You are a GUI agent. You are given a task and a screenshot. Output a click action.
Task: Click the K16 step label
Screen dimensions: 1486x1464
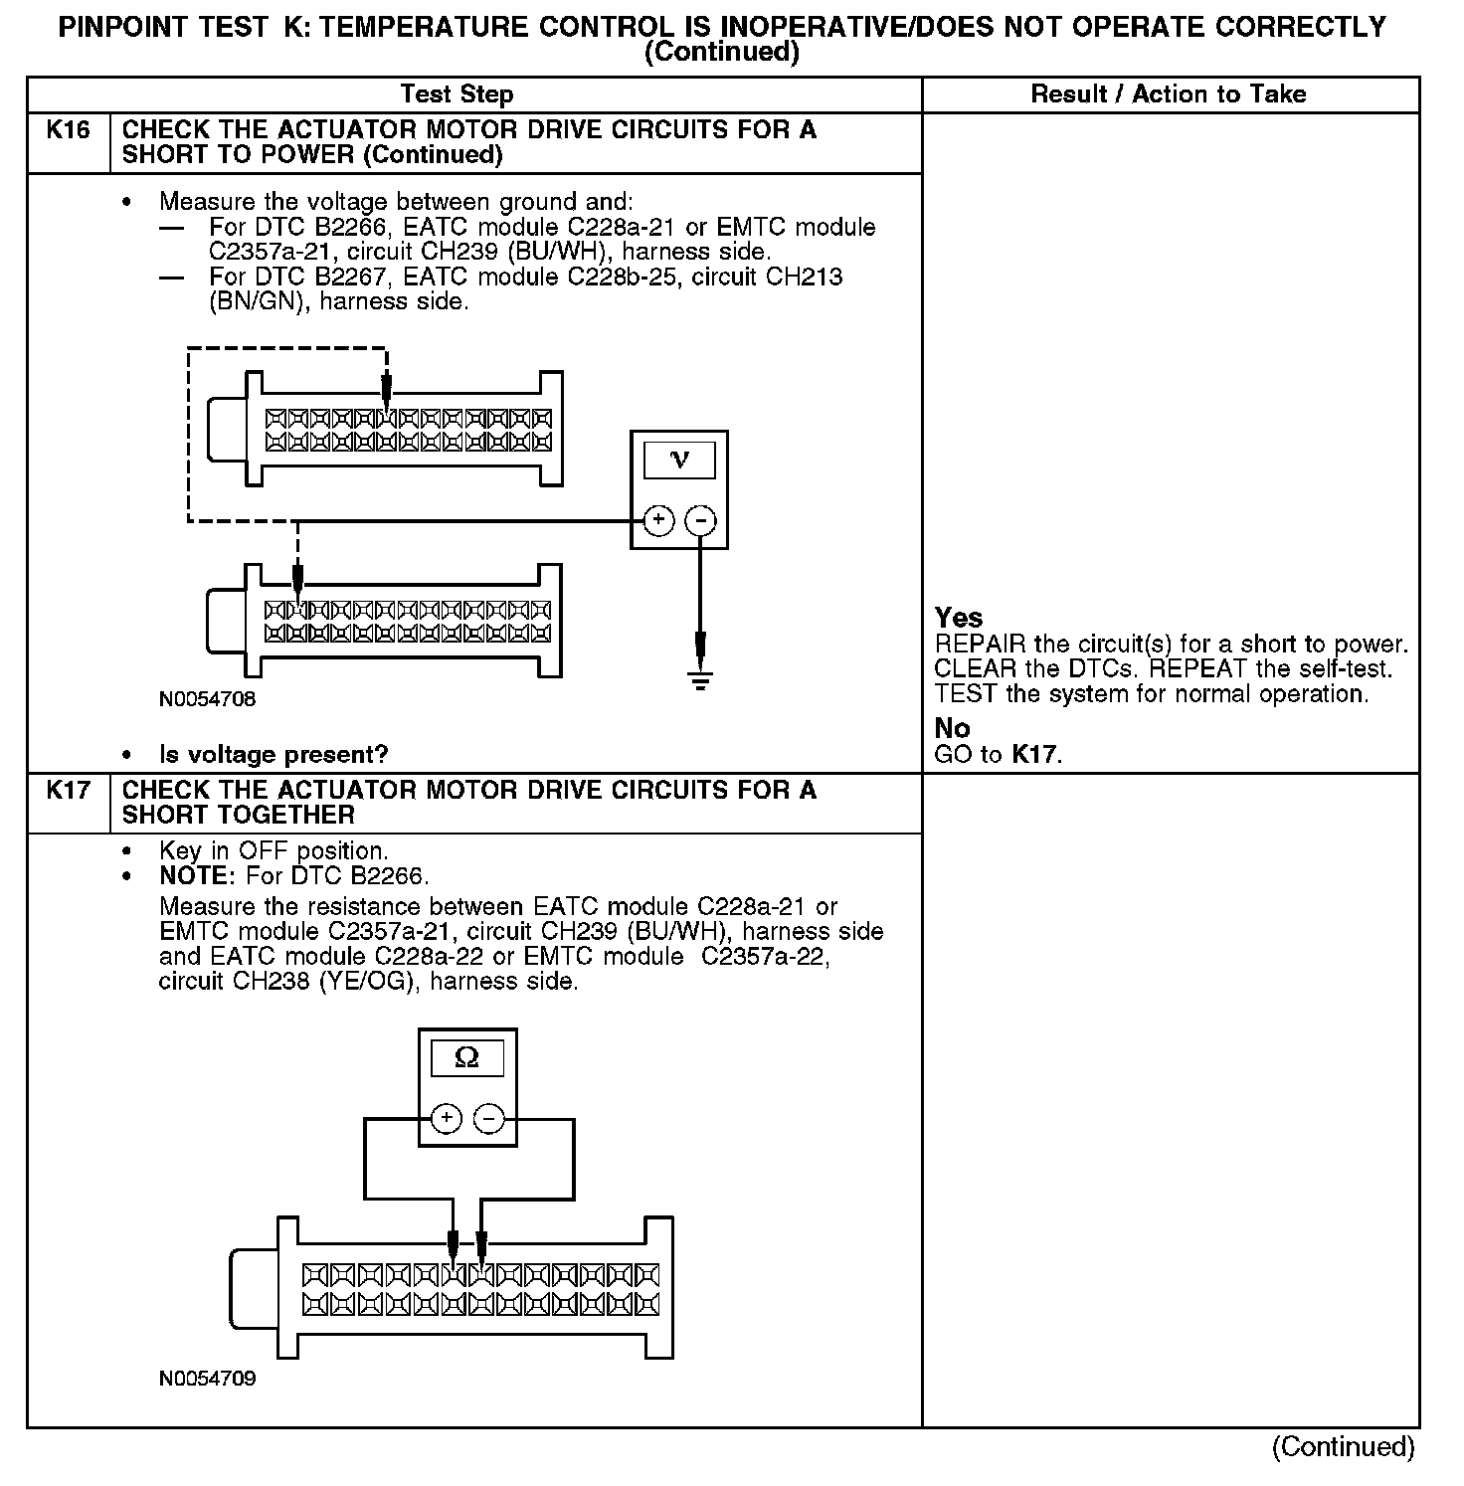(x=68, y=130)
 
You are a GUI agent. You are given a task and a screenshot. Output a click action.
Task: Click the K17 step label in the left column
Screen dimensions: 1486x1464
(x=68, y=791)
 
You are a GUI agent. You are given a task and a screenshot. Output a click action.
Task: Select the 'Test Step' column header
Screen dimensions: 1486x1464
(x=457, y=94)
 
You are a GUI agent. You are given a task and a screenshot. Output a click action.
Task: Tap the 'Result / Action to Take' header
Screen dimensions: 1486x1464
(x=1169, y=94)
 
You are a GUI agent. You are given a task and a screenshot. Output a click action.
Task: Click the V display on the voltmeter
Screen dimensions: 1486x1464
(x=679, y=460)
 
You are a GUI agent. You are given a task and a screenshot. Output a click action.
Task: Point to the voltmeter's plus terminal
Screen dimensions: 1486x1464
(x=658, y=520)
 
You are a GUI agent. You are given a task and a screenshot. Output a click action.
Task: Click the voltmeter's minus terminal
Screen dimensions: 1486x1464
(x=701, y=520)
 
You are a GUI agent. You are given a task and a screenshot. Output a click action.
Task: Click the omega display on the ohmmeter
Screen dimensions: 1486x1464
(x=466, y=1058)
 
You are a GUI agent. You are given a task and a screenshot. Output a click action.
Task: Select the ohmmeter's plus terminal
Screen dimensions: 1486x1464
(x=447, y=1119)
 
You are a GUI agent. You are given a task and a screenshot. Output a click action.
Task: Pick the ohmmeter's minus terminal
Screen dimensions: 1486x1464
(x=488, y=1119)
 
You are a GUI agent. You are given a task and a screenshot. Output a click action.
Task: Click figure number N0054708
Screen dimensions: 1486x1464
(x=207, y=699)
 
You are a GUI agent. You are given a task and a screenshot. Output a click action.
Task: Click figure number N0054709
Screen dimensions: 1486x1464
(x=207, y=1379)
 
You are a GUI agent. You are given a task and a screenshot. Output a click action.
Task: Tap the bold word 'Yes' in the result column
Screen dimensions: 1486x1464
(x=959, y=618)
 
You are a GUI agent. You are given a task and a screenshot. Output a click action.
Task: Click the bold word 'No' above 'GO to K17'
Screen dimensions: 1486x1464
(x=952, y=728)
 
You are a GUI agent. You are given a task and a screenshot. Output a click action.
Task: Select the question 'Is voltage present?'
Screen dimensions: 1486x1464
(x=274, y=755)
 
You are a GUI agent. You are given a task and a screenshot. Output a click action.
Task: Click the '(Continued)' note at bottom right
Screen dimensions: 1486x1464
(x=1343, y=1446)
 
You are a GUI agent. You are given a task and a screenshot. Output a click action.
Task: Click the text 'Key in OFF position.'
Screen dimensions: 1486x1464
(x=274, y=851)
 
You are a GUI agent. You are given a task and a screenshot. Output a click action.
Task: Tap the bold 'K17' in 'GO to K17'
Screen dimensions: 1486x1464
(x=1035, y=755)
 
